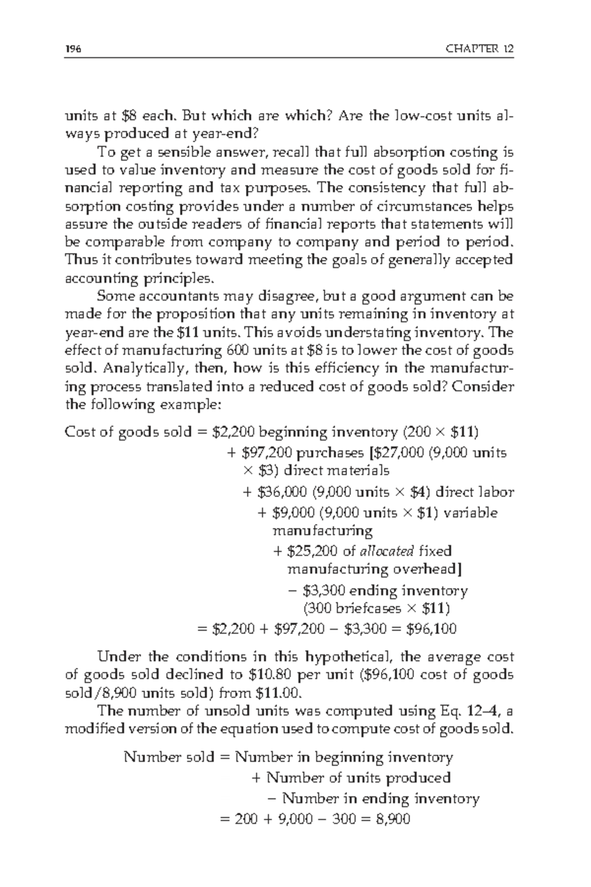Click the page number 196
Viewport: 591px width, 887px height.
[73, 49]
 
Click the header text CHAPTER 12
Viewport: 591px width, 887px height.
[479, 49]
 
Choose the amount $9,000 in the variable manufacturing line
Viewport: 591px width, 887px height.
[293, 513]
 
